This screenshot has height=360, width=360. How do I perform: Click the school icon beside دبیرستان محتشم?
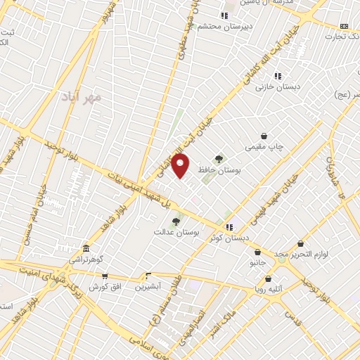224,15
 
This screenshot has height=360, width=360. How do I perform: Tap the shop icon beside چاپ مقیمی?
264,136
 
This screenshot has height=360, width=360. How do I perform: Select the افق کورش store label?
105,287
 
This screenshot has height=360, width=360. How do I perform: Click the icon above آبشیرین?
148,276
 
